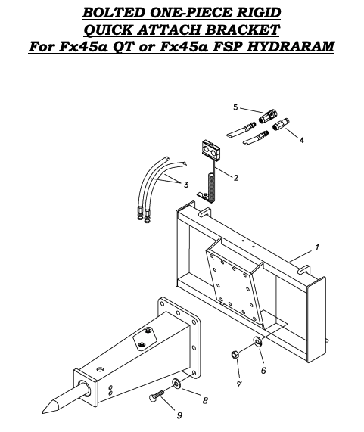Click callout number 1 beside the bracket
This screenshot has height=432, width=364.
pyautogui.click(x=318, y=247)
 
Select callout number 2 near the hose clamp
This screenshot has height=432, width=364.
pyautogui.click(x=236, y=178)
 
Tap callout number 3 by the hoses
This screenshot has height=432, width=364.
pyautogui.click(x=186, y=184)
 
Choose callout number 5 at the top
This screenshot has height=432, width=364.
pyautogui.click(x=235, y=107)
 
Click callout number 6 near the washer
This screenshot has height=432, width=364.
pyautogui.click(x=263, y=370)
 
